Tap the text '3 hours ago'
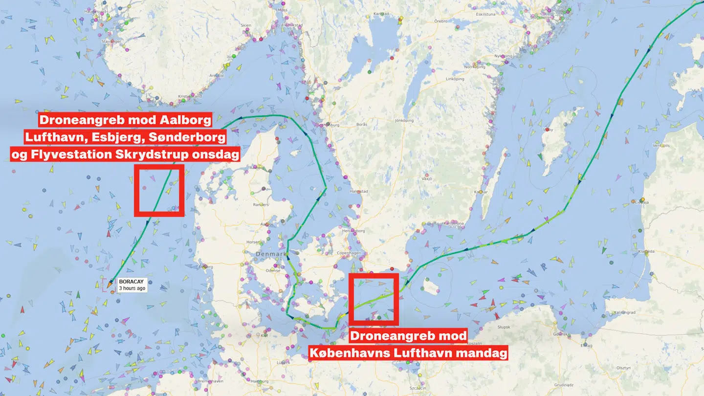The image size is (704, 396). pos(132,288)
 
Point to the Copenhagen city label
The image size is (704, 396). pos(350,253)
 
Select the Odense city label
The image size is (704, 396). pos(272,270)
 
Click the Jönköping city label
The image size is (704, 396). pos(404,120)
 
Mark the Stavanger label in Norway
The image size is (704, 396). pos(111,42)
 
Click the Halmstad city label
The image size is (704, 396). pos(359,192)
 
